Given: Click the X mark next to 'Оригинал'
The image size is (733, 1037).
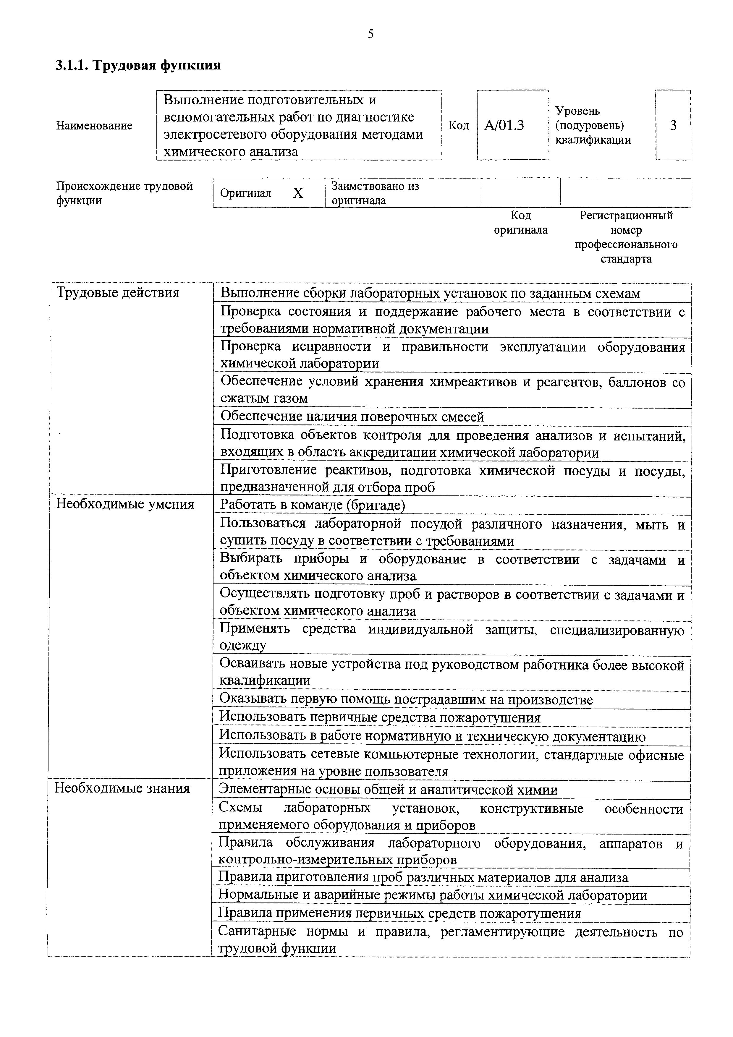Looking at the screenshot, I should point(298,193).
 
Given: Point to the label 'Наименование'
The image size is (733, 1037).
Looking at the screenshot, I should point(94,126).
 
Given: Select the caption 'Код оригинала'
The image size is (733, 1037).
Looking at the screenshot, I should point(520,223).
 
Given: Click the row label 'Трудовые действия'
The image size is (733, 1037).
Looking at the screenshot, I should point(117,293).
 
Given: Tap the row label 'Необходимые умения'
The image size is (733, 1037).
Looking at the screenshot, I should point(125,504).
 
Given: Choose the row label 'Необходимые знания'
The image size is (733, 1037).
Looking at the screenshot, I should point(122,788).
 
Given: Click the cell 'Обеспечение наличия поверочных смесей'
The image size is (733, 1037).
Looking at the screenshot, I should point(352,417).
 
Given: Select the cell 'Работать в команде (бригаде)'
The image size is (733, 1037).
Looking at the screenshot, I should point(313,505).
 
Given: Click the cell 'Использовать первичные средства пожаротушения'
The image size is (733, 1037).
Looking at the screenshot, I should point(379,718).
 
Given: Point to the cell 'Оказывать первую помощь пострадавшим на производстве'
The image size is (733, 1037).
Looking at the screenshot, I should point(406,700).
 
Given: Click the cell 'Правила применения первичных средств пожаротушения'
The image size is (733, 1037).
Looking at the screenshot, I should point(399,913).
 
